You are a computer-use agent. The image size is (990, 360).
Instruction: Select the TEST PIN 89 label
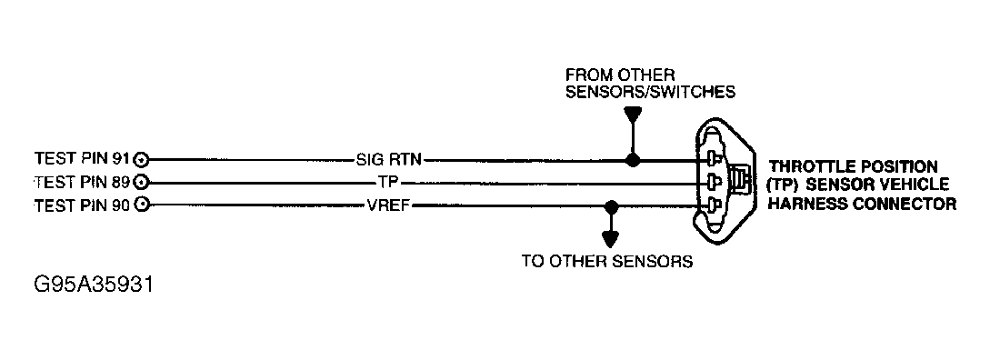click(82, 183)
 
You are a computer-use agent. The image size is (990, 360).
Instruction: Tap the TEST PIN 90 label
click(82, 205)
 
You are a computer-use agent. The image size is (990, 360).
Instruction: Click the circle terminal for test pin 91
click(142, 159)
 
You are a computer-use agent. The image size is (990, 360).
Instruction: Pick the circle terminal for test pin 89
click(142, 183)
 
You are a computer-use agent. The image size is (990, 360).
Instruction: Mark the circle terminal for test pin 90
click(142, 205)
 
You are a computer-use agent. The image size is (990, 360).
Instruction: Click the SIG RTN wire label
click(388, 160)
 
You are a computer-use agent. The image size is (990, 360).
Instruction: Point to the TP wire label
click(387, 183)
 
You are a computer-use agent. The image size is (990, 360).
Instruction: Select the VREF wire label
click(390, 205)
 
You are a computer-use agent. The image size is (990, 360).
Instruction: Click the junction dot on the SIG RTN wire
click(633, 160)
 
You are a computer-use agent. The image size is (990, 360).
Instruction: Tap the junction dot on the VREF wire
click(611, 206)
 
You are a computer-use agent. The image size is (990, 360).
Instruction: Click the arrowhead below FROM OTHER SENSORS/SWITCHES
click(633, 115)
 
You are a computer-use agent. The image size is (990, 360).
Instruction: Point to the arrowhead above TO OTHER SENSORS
click(611, 239)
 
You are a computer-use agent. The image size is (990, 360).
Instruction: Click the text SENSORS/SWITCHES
click(650, 92)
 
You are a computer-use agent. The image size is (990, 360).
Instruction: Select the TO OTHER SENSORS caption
click(606, 261)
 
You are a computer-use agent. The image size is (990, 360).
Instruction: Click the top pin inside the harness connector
click(715, 157)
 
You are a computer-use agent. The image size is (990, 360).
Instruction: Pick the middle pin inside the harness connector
click(715, 182)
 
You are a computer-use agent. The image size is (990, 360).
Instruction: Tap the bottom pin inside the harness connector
click(715, 205)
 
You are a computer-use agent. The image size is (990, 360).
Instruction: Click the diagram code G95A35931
click(94, 285)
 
